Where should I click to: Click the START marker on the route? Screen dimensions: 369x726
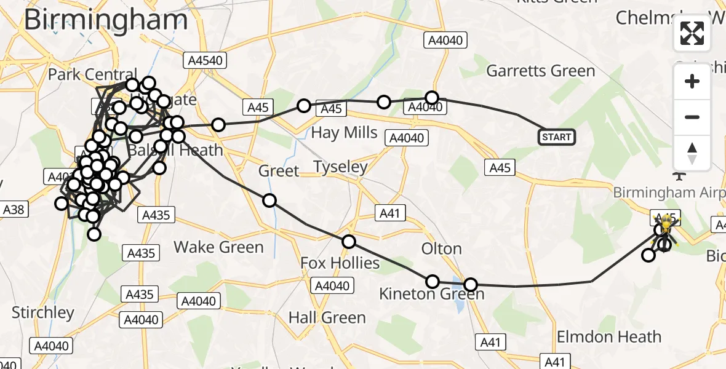557,137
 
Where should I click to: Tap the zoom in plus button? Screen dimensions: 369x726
692,82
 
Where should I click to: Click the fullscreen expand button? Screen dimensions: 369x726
692,33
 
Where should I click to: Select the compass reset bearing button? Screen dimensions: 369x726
692,153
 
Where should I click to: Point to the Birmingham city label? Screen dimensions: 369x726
106,20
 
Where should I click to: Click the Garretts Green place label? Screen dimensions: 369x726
540,71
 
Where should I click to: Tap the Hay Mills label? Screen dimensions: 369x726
344,132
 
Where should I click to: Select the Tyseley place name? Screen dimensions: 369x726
340,167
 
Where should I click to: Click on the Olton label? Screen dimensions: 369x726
441,248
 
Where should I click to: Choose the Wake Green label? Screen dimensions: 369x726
218,247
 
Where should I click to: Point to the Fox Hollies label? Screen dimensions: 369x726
340,263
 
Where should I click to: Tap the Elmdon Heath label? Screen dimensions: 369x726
608,337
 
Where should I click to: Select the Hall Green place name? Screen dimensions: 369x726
327,317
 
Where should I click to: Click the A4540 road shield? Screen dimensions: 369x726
205,60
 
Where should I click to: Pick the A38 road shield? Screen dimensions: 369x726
14,210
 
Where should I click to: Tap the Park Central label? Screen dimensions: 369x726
92,74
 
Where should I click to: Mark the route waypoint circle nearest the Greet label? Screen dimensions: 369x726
269,200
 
